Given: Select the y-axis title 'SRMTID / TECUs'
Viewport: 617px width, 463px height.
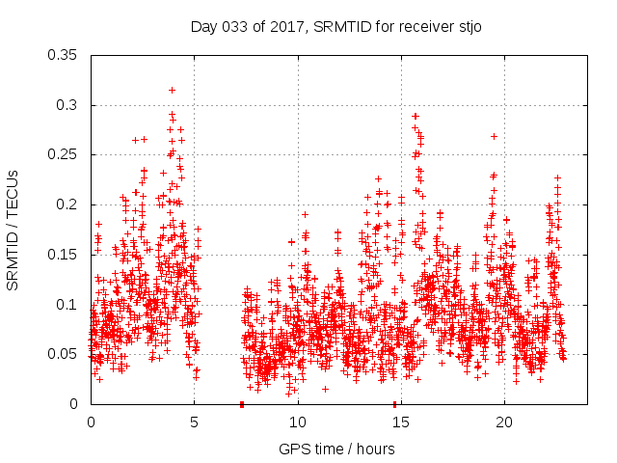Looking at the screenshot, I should pyautogui.click(x=13, y=229).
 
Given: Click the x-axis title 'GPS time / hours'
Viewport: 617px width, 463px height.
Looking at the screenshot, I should pyautogui.click(x=336, y=449).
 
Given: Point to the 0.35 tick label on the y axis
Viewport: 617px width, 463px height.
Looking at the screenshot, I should pyautogui.click(x=65, y=55).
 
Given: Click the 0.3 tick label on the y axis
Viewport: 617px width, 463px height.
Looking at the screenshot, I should pyautogui.click(x=69, y=105).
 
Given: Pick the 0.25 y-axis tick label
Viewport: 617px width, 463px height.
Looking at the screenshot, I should pyautogui.click(x=65, y=154).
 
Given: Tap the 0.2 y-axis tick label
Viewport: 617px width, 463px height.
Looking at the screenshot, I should pyautogui.click(x=69, y=204).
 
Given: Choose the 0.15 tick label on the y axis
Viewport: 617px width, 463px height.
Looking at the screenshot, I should pyautogui.click(x=65, y=255).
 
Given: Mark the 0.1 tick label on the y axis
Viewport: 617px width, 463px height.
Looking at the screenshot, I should pyautogui.click(x=69, y=305).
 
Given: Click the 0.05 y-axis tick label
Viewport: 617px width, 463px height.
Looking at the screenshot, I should pyautogui.click(x=65, y=354).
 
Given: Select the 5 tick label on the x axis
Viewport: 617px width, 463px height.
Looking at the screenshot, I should pyautogui.click(x=194, y=422).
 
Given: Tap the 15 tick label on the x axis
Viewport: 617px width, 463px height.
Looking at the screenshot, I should pyautogui.click(x=401, y=422).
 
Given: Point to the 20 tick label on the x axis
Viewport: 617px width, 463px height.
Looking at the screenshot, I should pyautogui.click(x=504, y=422).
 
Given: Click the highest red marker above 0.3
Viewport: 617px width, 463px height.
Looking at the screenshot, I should pyautogui.click(x=172, y=90).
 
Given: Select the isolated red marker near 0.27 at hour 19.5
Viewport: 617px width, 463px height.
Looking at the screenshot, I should pyautogui.click(x=494, y=136).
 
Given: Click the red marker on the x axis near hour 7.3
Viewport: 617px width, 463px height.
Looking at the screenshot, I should pyautogui.click(x=241, y=404).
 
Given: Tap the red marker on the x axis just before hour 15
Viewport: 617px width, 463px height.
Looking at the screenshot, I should pyautogui.click(x=395, y=404).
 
